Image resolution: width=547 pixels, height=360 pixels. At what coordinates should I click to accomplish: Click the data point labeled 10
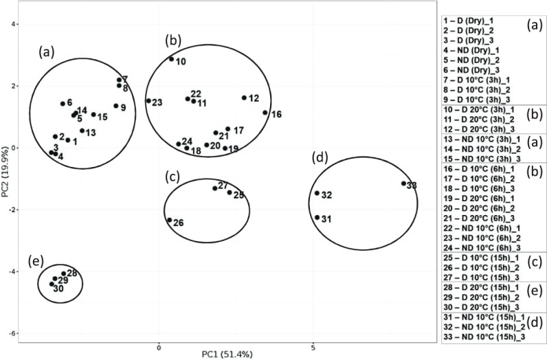[x=172, y=59]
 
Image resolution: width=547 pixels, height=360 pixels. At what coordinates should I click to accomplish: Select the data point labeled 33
[x=404, y=183]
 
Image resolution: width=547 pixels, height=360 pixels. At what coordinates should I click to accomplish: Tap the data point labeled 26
[x=169, y=220]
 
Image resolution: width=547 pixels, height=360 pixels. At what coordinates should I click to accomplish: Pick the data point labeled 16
[x=265, y=113]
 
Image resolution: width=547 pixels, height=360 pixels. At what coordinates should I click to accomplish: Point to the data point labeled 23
[x=148, y=101]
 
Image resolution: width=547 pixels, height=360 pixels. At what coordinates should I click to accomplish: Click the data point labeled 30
[x=52, y=284]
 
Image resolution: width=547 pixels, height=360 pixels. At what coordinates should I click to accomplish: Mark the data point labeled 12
[x=244, y=98]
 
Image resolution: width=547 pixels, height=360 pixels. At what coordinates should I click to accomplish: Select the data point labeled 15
[x=93, y=114]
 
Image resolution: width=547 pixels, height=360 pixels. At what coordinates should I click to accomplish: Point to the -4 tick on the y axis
[x=11, y=271]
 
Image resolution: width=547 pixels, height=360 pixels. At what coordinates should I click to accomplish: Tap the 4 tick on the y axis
[x=12, y=24]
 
